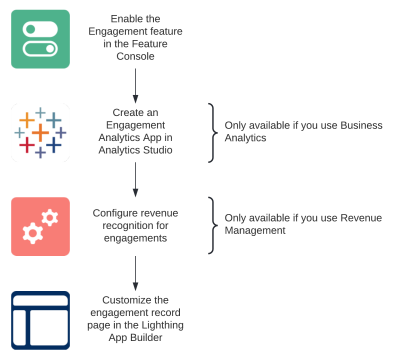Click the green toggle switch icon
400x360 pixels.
[40, 39]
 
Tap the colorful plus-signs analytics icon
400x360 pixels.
[40, 132]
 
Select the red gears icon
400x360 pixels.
[40, 226]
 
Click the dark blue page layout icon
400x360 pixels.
[40, 319]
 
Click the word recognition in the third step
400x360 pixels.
[124, 226]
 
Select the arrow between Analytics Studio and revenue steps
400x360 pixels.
[136, 180]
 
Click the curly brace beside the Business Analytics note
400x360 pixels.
[211, 132]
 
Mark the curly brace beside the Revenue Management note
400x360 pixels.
[211, 223]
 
